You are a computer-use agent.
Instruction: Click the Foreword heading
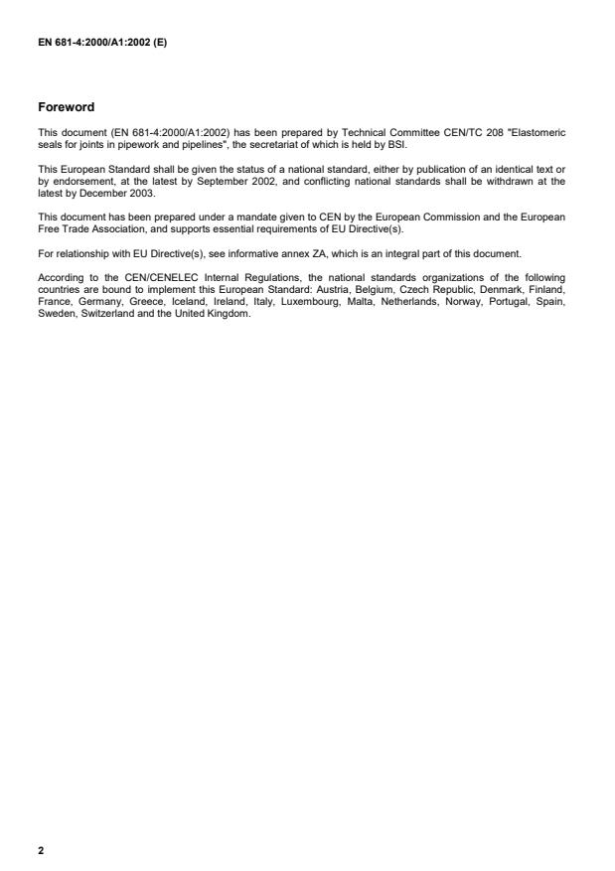66,105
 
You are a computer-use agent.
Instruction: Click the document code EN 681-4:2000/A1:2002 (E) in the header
101,42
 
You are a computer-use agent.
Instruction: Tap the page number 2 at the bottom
41,851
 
